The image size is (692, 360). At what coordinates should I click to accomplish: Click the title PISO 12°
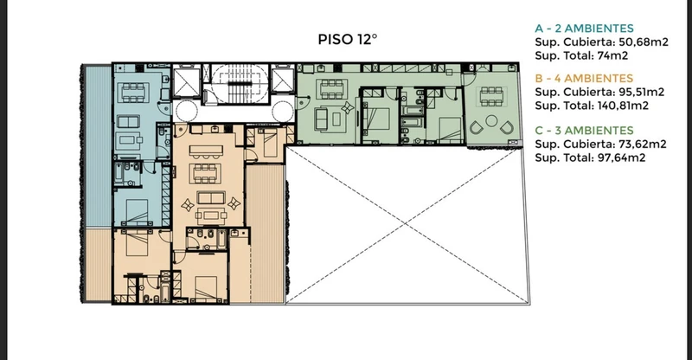348,39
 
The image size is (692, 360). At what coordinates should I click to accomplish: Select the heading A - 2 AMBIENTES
585,29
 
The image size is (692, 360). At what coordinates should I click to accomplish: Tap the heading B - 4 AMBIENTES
584,78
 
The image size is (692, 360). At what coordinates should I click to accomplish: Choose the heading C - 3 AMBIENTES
585,131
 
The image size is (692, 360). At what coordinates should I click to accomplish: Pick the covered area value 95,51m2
641,92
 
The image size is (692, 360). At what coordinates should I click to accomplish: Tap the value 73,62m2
642,144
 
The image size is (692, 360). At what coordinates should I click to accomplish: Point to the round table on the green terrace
491,120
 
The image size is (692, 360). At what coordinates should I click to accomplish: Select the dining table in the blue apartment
133,93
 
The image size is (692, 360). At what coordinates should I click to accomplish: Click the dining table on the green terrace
490,97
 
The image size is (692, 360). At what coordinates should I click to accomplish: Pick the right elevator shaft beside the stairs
283,80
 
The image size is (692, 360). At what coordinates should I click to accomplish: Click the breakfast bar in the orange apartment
206,151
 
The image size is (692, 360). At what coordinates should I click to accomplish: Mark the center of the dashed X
405,225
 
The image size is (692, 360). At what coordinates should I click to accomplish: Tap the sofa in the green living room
321,119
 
